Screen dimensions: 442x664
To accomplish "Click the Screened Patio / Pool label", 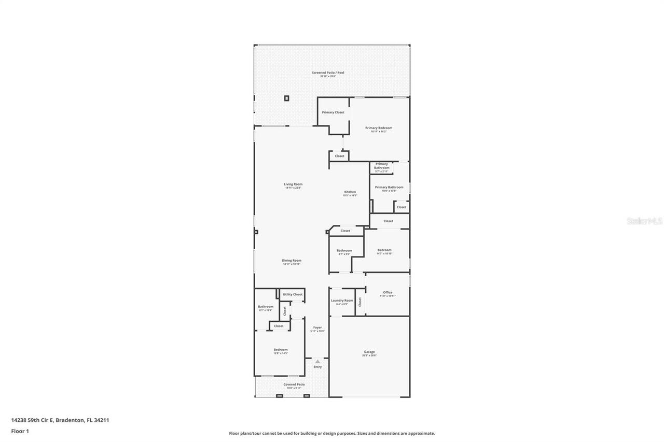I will click(x=328, y=73).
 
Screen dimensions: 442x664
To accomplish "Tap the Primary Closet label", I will click(x=333, y=112).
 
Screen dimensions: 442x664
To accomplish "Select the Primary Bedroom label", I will click(x=378, y=128).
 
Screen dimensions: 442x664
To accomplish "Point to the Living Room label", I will click(x=293, y=184).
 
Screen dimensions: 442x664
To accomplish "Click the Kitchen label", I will click(x=350, y=192).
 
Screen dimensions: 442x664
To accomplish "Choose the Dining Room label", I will click(x=292, y=261).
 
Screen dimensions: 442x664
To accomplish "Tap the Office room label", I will click(x=388, y=293).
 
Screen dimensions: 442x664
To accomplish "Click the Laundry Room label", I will click(x=342, y=301).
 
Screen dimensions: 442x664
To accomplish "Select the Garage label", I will click(x=369, y=352).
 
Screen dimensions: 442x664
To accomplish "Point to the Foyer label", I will click(x=317, y=327).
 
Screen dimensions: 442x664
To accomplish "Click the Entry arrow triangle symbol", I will click(x=317, y=361).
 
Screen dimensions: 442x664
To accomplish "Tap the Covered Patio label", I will click(x=294, y=384).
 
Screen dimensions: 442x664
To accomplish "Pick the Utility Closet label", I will click(x=293, y=294).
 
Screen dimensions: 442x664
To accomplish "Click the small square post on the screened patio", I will click(x=286, y=98).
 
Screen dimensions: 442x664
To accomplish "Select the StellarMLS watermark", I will click(x=644, y=221).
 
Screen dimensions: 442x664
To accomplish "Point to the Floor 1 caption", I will click(x=20, y=431).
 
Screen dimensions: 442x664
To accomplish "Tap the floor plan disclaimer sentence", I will click(x=332, y=433).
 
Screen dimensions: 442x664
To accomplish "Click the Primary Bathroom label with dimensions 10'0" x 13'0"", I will click(x=389, y=188).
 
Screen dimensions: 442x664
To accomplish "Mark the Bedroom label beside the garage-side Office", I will click(x=384, y=250).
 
